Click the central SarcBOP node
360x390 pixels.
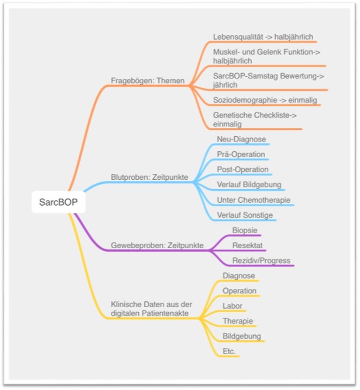(59, 202)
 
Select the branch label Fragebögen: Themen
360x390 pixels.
(148, 81)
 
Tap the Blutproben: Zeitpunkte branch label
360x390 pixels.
(150, 177)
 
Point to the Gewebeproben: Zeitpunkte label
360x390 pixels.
(157, 245)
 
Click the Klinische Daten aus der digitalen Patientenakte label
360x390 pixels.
(151, 309)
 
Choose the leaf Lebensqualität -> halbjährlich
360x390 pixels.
(263, 37)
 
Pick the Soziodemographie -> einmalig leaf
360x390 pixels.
(265, 100)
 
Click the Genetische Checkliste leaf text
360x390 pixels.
(255, 119)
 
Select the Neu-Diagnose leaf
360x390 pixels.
(241, 139)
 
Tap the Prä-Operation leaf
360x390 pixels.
(241, 154)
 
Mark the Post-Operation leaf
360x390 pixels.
(242, 169)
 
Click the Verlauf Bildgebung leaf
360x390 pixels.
(249, 184)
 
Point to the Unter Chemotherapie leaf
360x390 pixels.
(254, 200)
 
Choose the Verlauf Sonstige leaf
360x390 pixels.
(245, 215)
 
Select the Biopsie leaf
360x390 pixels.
(245, 230)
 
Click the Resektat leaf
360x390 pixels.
(247, 245)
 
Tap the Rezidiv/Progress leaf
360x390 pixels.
(261, 261)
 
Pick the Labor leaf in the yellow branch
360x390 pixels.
(232, 306)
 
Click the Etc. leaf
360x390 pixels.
(229, 351)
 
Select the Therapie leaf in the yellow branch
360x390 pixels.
(238, 321)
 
